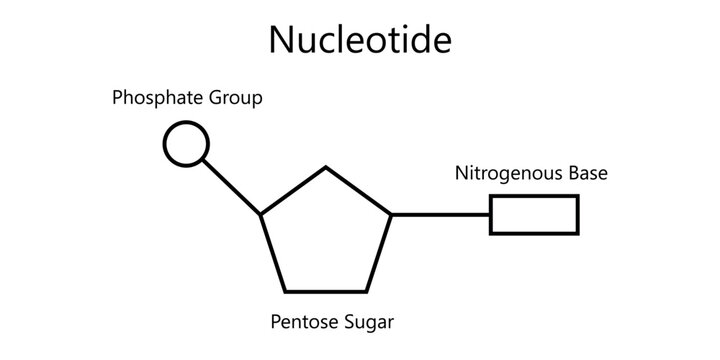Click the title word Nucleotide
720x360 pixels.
coord(360,39)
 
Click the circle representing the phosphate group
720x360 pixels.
coord(186,143)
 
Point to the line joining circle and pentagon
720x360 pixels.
coord(233,187)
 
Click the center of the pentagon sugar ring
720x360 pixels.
coord(326,235)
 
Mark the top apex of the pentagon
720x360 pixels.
coord(326,167)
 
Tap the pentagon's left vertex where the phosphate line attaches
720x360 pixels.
coord(261,214)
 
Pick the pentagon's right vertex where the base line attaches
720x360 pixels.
coord(391,214)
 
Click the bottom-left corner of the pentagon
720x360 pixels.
coord(286,291)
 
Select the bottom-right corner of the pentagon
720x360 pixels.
coord(366,291)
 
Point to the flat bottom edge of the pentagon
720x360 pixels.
coord(326,291)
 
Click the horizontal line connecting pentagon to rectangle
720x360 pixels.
coord(440,214)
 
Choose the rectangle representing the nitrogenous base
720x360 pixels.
coord(534,214)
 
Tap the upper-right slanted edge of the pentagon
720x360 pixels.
coord(359,190)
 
